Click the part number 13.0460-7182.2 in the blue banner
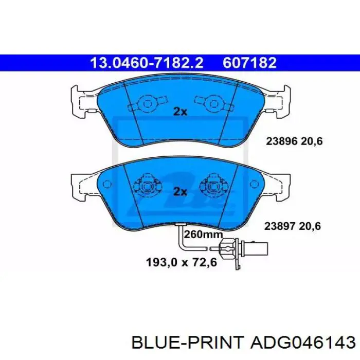click(147, 63)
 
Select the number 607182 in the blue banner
click(249, 63)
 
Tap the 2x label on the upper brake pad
click(180, 112)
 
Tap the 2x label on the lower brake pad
click(180, 191)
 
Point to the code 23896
click(282, 141)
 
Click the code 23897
click(280, 226)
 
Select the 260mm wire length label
click(204, 235)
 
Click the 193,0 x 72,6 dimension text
click(182, 262)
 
